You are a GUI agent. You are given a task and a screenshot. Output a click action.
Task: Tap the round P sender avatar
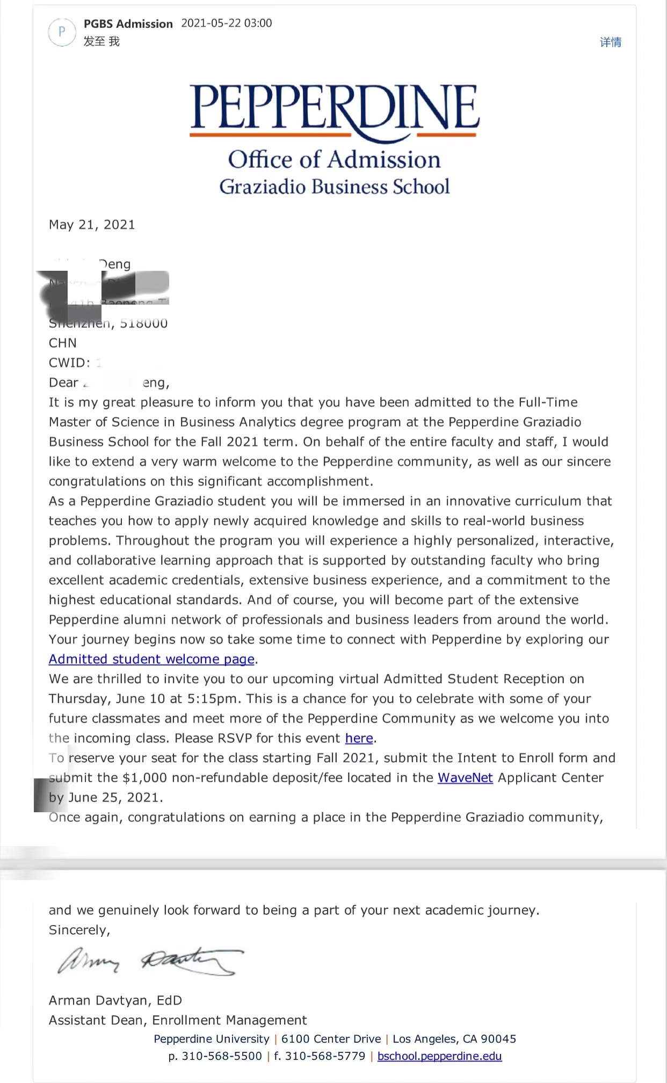[62, 32]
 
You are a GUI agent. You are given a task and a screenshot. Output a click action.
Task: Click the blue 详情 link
[610, 42]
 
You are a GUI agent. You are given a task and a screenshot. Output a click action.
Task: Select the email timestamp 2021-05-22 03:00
[227, 23]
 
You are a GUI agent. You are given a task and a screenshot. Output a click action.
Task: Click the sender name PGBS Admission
[128, 24]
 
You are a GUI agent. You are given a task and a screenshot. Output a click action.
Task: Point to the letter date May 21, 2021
[92, 225]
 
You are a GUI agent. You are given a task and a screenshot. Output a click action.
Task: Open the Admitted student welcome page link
[151, 659]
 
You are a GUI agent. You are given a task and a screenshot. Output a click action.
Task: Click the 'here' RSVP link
[359, 738]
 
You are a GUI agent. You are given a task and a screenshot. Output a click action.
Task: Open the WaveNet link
[465, 778]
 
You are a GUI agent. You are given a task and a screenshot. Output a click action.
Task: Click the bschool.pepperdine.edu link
[439, 1056]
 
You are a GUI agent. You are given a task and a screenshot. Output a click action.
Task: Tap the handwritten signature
[150, 961]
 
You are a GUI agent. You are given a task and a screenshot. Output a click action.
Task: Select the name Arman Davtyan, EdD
[115, 1000]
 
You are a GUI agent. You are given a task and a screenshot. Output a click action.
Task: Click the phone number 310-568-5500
[222, 1056]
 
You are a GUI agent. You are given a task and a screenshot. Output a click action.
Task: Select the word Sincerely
[79, 930]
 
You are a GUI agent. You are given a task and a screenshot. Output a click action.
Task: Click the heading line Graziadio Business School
[334, 186]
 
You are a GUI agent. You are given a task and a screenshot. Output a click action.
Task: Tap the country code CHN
[63, 343]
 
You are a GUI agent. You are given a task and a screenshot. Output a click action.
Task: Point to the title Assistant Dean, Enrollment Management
[178, 1020]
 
